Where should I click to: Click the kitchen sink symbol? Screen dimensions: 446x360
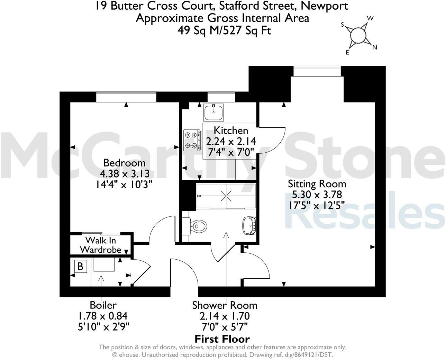pos(213,112)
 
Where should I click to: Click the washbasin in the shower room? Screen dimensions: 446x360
pos(249,225)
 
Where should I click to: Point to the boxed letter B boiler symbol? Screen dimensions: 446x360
pos(81,266)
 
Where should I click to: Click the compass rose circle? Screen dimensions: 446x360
pos(358,35)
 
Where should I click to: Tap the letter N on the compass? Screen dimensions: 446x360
pos(374,47)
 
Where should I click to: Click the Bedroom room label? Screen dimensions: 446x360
pos(124,163)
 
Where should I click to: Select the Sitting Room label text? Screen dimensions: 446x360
pos(317,184)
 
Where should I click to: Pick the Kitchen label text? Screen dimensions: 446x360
pos(231,130)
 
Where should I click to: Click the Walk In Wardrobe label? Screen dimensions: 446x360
pos(101,245)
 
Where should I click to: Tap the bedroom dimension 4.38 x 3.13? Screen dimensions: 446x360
pos(125,174)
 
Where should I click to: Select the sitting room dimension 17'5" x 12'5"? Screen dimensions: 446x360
pos(317,206)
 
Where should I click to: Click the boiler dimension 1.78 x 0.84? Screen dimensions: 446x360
pos(103,316)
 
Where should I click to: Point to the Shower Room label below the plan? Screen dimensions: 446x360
pos(225,305)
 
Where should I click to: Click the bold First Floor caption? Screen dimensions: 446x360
pos(222,339)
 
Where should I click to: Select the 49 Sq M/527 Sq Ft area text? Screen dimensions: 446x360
pos(225,31)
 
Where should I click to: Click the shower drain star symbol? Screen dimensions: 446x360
pos(226,196)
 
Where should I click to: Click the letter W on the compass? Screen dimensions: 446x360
pos(370,18)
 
